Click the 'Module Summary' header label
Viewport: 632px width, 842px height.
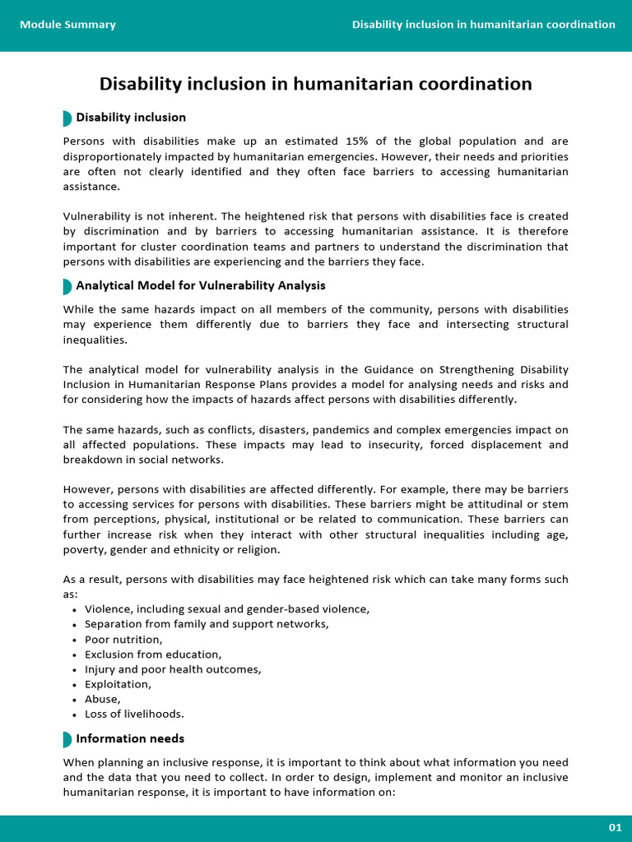(x=67, y=25)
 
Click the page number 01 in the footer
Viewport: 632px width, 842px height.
(x=615, y=827)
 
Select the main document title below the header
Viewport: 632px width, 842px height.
(x=315, y=84)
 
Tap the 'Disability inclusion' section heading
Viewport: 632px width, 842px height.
(x=131, y=118)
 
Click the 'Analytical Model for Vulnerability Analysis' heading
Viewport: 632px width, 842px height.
(x=200, y=285)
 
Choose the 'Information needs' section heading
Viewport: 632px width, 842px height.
(x=130, y=738)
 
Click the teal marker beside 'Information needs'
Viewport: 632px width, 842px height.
(x=67, y=738)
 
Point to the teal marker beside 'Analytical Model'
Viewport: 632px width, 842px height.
(x=67, y=286)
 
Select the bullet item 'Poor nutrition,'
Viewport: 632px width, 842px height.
(x=123, y=640)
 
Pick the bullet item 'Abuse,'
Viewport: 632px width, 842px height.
(x=102, y=699)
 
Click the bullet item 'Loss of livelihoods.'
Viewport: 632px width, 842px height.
(x=134, y=714)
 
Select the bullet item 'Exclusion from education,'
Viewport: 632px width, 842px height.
(x=153, y=655)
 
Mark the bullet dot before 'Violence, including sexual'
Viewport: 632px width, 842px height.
(x=75, y=610)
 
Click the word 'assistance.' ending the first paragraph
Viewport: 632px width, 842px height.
(x=91, y=187)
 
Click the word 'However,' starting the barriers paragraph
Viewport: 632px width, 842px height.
(x=86, y=490)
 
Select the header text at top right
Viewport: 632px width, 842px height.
(x=483, y=25)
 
